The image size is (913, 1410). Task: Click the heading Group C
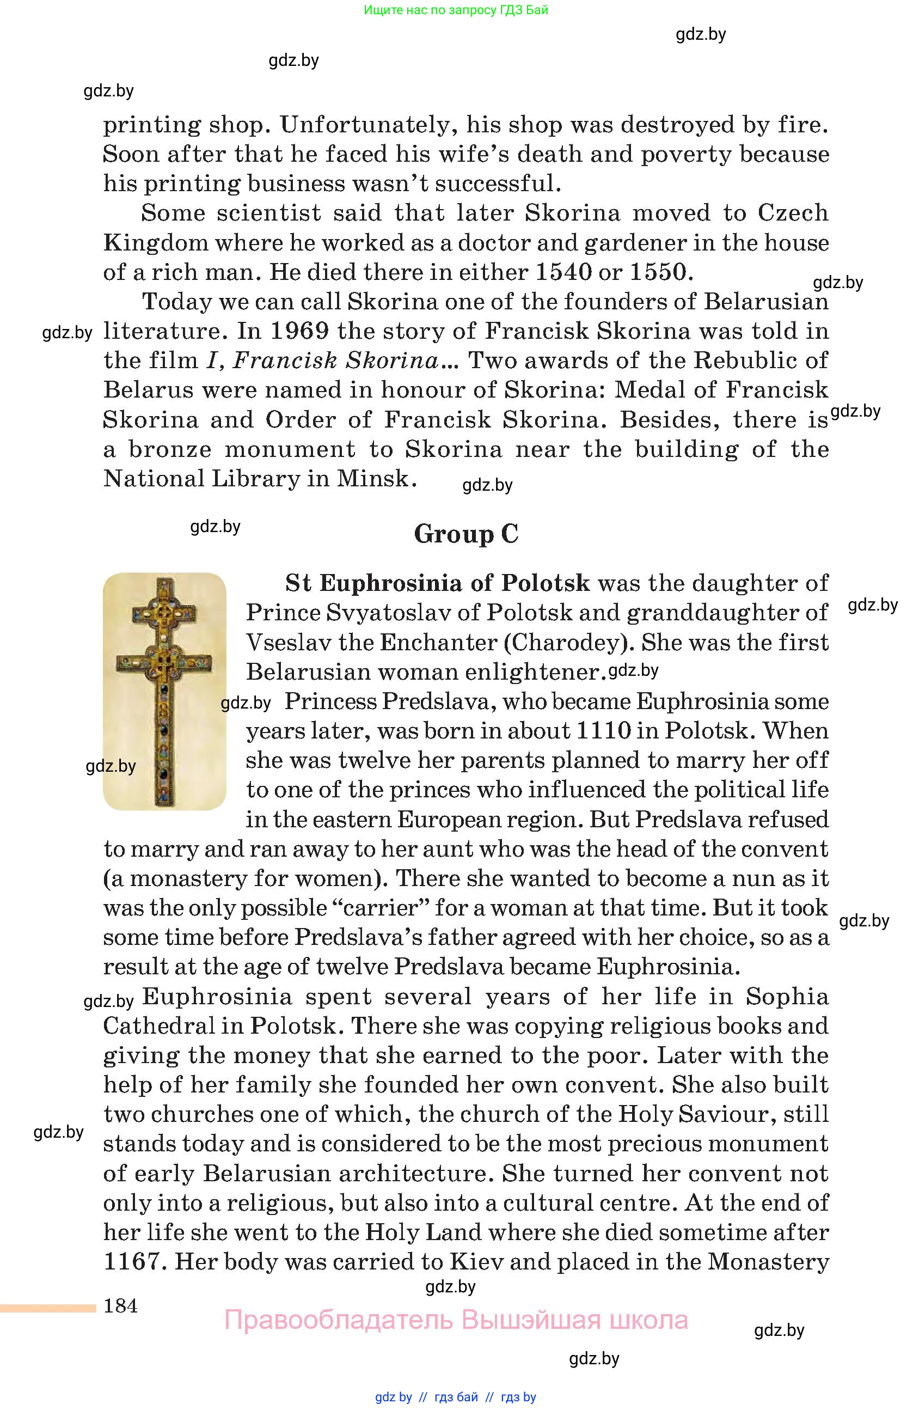pyautogui.click(x=466, y=534)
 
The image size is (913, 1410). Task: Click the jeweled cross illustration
pyautogui.click(x=164, y=691)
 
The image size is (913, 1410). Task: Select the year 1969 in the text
pyautogui.click(x=299, y=331)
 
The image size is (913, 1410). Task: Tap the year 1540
pyautogui.click(x=563, y=272)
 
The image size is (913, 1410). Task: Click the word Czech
pyautogui.click(x=793, y=213)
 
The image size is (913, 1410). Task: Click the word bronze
pyautogui.click(x=170, y=449)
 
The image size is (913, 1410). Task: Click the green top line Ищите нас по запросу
pyautogui.click(x=456, y=10)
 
